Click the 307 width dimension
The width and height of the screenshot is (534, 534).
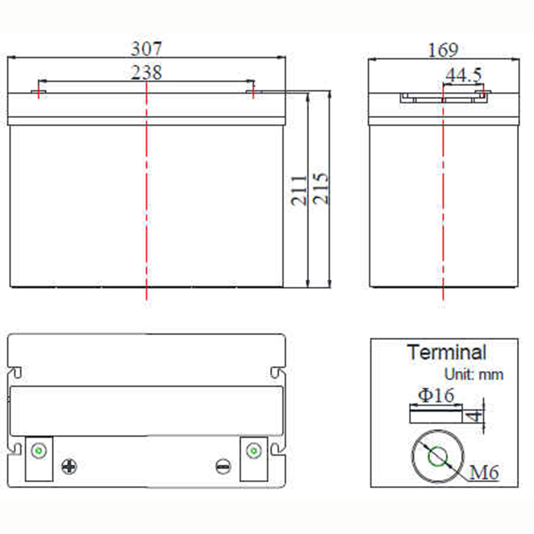click(x=146, y=49)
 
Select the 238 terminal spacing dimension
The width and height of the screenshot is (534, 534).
click(x=146, y=73)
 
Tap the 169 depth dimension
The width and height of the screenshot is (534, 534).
click(x=443, y=50)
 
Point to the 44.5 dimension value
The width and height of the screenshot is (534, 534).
click(x=464, y=75)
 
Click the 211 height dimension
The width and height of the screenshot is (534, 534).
click(x=300, y=191)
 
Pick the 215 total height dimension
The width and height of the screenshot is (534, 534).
click(x=320, y=189)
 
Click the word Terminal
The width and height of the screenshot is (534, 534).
click(x=446, y=352)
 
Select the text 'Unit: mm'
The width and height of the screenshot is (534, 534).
click(x=474, y=375)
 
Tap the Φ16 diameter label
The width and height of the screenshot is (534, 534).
click(x=436, y=395)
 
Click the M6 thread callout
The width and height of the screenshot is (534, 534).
click(x=484, y=473)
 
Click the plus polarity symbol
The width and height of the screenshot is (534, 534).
click(x=69, y=467)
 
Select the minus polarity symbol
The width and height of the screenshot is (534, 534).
click(x=223, y=466)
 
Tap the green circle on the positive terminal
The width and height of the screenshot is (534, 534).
click(x=39, y=451)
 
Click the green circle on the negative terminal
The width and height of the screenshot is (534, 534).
click(x=253, y=451)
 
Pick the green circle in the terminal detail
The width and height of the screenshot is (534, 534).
click(x=438, y=457)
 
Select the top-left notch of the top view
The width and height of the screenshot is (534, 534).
click(x=15, y=372)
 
